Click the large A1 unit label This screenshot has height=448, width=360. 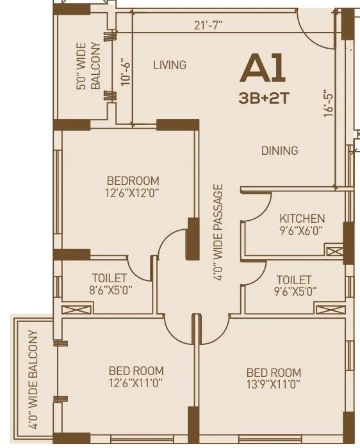[x=262, y=70]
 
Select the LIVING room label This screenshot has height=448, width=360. [x=170, y=65]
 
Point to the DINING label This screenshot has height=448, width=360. [x=279, y=151]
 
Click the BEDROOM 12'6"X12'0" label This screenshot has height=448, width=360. [x=133, y=187]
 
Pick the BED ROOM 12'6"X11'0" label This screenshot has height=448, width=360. [x=136, y=377]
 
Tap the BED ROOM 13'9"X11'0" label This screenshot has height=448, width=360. [x=274, y=378]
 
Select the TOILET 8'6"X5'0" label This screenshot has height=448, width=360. [x=110, y=284]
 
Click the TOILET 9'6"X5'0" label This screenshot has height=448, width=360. [x=293, y=285]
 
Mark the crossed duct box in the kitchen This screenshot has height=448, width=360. [x=334, y=252]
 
